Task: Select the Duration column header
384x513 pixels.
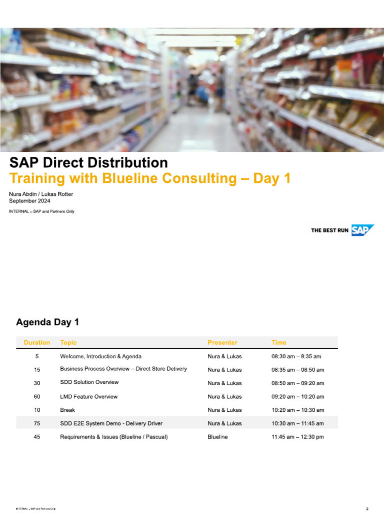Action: click(37, 343)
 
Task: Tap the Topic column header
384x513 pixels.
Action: click(68, 343)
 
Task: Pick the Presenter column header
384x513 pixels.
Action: click(222, 343)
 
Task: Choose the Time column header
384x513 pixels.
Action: click(279, 343)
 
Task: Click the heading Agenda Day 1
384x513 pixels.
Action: click(47, 322)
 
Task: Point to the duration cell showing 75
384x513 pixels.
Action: click(37, 423)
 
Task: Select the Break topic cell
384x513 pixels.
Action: click(67, 410)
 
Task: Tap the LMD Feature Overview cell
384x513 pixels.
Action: click(89, 397)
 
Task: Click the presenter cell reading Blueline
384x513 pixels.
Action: click(218, 437)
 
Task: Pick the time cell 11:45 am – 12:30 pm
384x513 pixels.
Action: click(298, 437)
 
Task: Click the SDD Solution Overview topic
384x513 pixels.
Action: click(89, 382)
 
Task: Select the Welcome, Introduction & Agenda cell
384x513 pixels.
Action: click(101, 357)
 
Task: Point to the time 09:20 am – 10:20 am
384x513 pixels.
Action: click(298, 397)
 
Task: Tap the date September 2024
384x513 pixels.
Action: click(29, 201)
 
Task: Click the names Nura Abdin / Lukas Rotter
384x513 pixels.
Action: click(41, 194)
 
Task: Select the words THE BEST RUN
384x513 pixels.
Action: click(330, 230)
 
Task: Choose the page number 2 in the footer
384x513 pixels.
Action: click(367, 509)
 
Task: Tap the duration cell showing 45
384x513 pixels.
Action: click(37, 437)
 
